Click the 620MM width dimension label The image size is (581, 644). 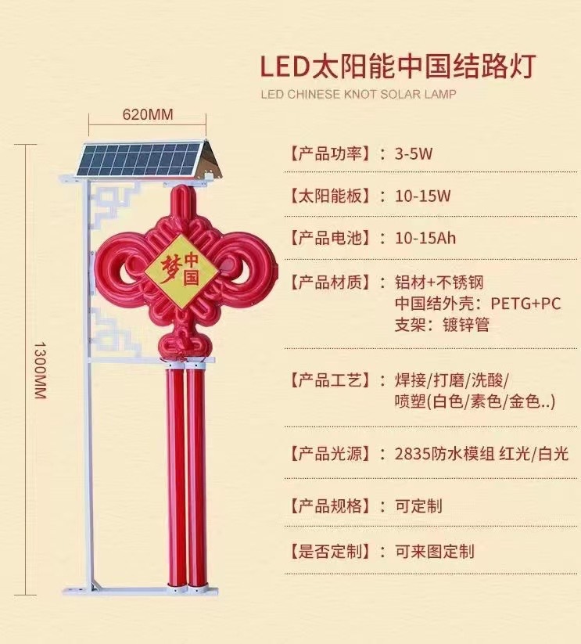pyautogui.click(x=148, y=115)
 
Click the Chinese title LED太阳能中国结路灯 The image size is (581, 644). pyautogui.click(x=398, y=64)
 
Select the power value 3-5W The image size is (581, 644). pyautogui.click(x=414, y=153)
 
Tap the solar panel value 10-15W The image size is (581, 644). pyautogui.click(x=423, y=196)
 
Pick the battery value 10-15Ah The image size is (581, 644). pyautogui.click(x=425, y=238)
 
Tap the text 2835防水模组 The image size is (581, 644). pyautogui.click(x=445, y=454)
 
